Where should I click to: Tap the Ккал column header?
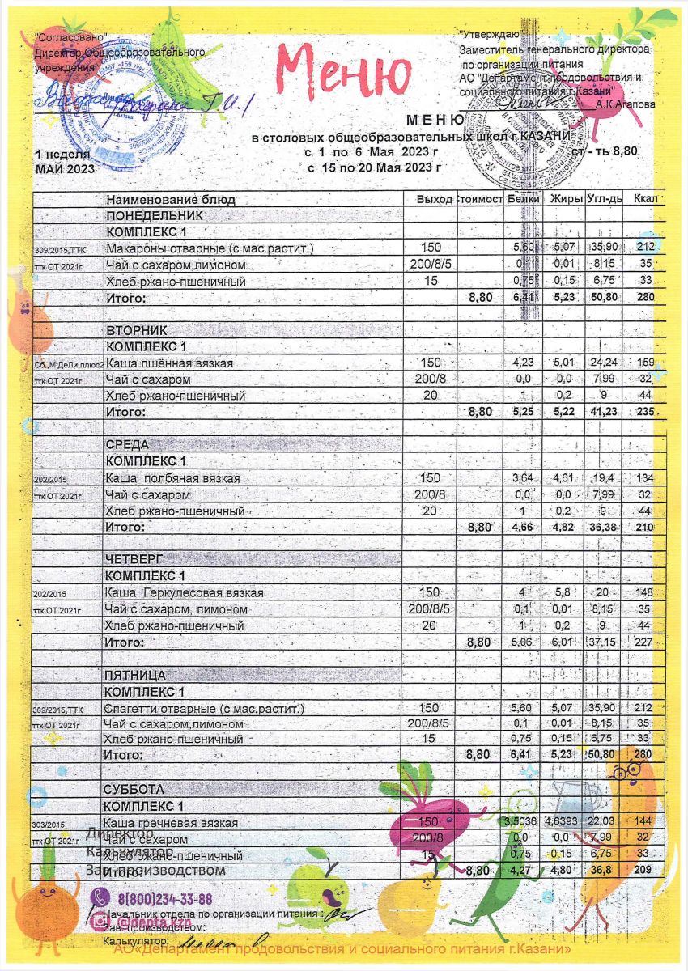[645, 200]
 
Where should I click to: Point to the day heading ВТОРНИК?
[136, 331]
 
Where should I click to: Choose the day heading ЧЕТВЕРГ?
[136, 560]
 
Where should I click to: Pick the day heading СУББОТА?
[134, 789]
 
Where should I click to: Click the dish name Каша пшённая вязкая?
[170, 363]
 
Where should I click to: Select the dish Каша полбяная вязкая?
[173, 478]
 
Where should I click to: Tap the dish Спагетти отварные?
[204, 709]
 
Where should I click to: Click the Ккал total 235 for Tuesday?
[645, 412]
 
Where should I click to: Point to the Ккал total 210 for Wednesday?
[645, 527]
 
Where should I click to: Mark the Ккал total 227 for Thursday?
[645, 642]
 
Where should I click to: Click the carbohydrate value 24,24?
[602, 363]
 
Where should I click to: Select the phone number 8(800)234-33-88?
[164, 899]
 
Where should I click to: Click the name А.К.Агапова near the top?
[625, 104]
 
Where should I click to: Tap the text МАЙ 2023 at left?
[65, 169]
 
